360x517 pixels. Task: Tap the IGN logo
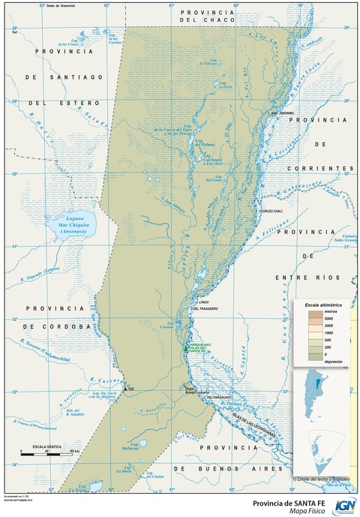pos(342,505)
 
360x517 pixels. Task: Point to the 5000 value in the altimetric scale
pos(328,318)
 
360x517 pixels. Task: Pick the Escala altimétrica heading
pos(323,306)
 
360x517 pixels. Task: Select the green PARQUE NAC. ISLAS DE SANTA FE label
pos(196,347)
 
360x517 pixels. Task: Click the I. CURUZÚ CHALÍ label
pos(268,212)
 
